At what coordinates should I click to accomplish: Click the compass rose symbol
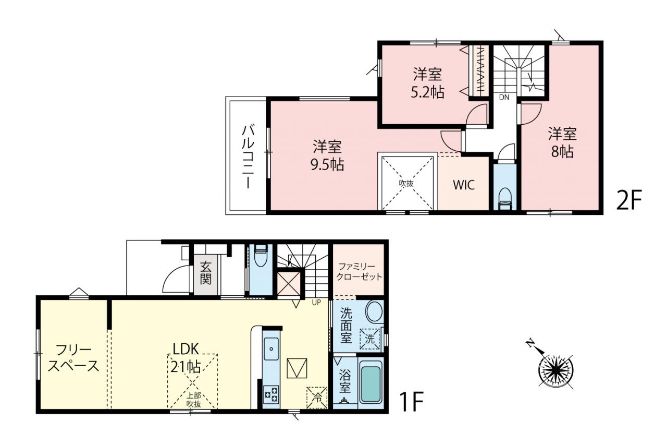coord(555,370)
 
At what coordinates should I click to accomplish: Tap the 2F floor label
coord(628,199)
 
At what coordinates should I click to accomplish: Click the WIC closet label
coord(464,185)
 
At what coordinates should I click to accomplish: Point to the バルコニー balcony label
coord(248,157)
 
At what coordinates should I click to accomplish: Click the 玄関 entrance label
coord(205,273)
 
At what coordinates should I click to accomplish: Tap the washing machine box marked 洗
coord(369,339)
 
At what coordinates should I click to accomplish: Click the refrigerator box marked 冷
coord(317,398)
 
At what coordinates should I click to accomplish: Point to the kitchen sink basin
coord(271,348)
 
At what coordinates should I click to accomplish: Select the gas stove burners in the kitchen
coord(271,394)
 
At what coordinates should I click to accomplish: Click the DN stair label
coord(504,98)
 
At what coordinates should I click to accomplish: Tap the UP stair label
coord(316,302)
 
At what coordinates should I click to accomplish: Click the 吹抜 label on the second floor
coord(406,183)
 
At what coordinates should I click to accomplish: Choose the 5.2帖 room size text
coord(428,93)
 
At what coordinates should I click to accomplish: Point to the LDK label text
coord(186,349)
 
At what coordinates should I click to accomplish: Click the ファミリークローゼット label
coord(359,271)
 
